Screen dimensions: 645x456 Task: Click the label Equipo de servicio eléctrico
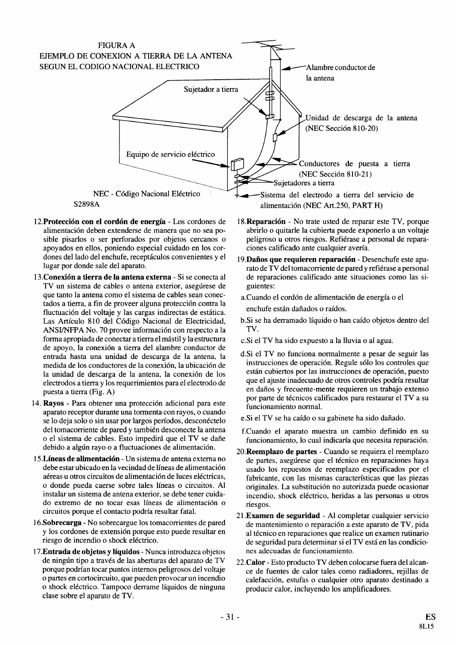[x=170, y=154]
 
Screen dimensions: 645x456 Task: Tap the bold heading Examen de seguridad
[x=283, y=516]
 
